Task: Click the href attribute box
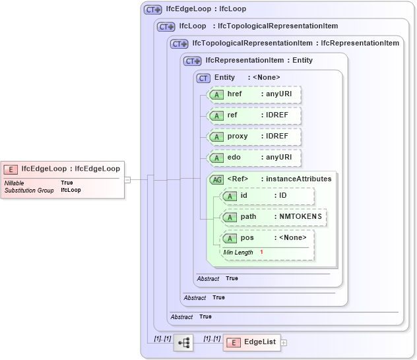(254, 94)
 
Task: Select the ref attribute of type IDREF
(254, 115)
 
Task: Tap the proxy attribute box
(254, 136)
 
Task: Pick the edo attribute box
(254, 158)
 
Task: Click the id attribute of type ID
(267, 196)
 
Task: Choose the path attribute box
(273, 217)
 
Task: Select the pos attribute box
(267, 238)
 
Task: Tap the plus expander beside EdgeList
(284, 342)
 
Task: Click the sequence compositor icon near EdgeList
(183, 342)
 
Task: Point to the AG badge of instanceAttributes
(216, 179)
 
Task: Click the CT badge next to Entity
(203, 78)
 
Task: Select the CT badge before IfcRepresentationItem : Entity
(193, 61)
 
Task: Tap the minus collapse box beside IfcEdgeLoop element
(127, 179)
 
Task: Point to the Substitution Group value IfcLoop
(71, 190)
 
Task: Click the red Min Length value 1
(261, 253)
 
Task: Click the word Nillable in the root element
(15, 183)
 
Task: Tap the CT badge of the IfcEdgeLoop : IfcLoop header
(153, 10)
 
